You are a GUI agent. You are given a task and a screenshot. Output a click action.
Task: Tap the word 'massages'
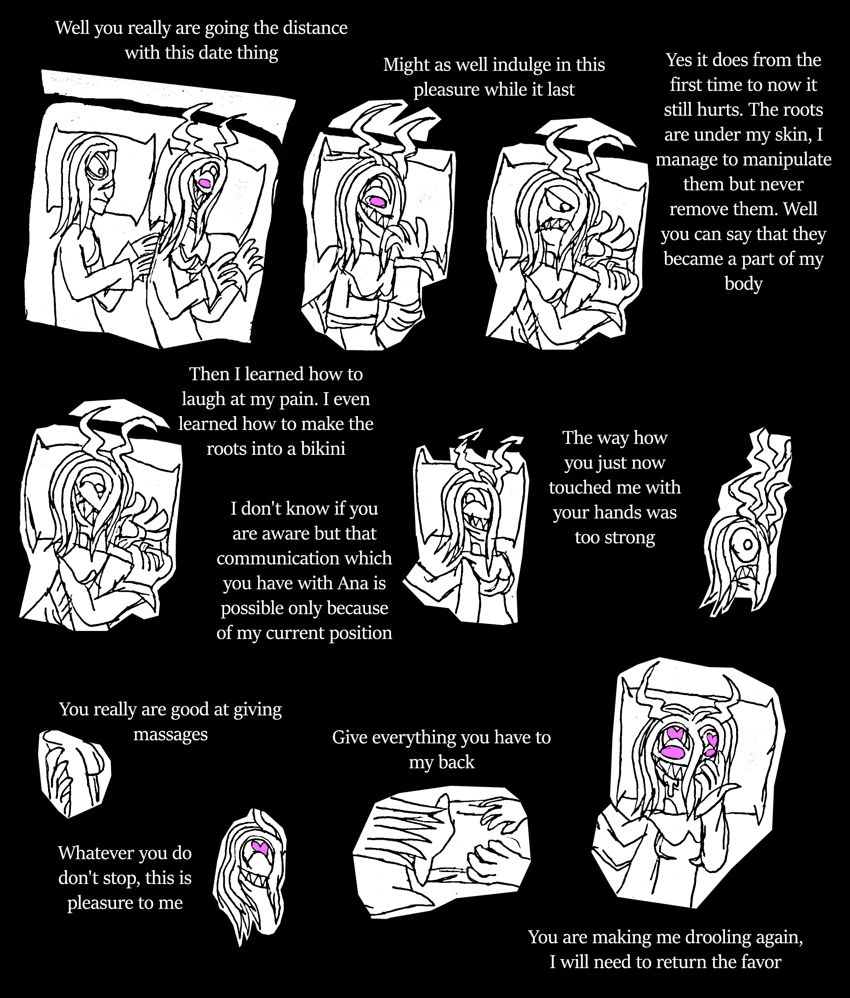pyautogui.click(x=171, y=734)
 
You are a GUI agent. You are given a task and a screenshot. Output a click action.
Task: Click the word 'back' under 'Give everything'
pyautogui.click(x=456, y=762)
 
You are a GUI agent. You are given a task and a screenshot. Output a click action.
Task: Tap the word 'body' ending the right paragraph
pyautogui.click(x=743, y=284)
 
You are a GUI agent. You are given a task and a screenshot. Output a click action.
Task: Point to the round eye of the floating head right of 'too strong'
pyautogui.click(x=747, y=545)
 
